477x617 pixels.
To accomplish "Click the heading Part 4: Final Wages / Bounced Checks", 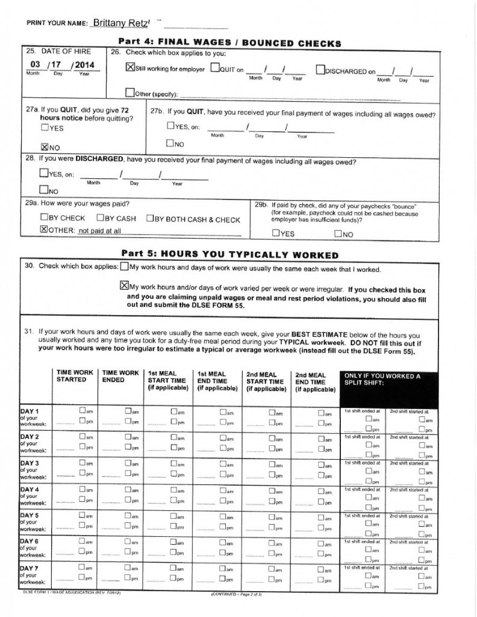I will pyautogui.click(x=231, y=43).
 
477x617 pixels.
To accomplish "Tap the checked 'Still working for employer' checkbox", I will pyautogui.click(x=130, y=68).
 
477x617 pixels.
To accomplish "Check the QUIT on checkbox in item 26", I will pyautogui.click(x=215, y=68).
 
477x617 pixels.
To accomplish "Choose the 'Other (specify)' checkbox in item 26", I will pyautogui.click(x=129, y=93).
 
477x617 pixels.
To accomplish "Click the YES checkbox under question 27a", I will pyautogui.click(x=45, y=128).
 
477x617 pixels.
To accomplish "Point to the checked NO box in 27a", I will pyautogui.click(x=44, y=146).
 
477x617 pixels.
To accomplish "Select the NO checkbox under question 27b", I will pyautogui.click(x=170, y=144).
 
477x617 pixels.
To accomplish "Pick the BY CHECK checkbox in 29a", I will pyautogui.click(x=45, y=218).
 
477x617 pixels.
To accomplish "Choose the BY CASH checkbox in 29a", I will pyautogui.click(x=101, y=218).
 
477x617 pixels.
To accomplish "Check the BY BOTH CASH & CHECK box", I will pyautogui.click(x=150, y=218).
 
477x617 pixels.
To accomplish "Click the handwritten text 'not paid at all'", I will pyautogui.click(x=100, y=230).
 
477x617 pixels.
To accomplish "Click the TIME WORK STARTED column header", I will pyautogui.click(x=75, y=377).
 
